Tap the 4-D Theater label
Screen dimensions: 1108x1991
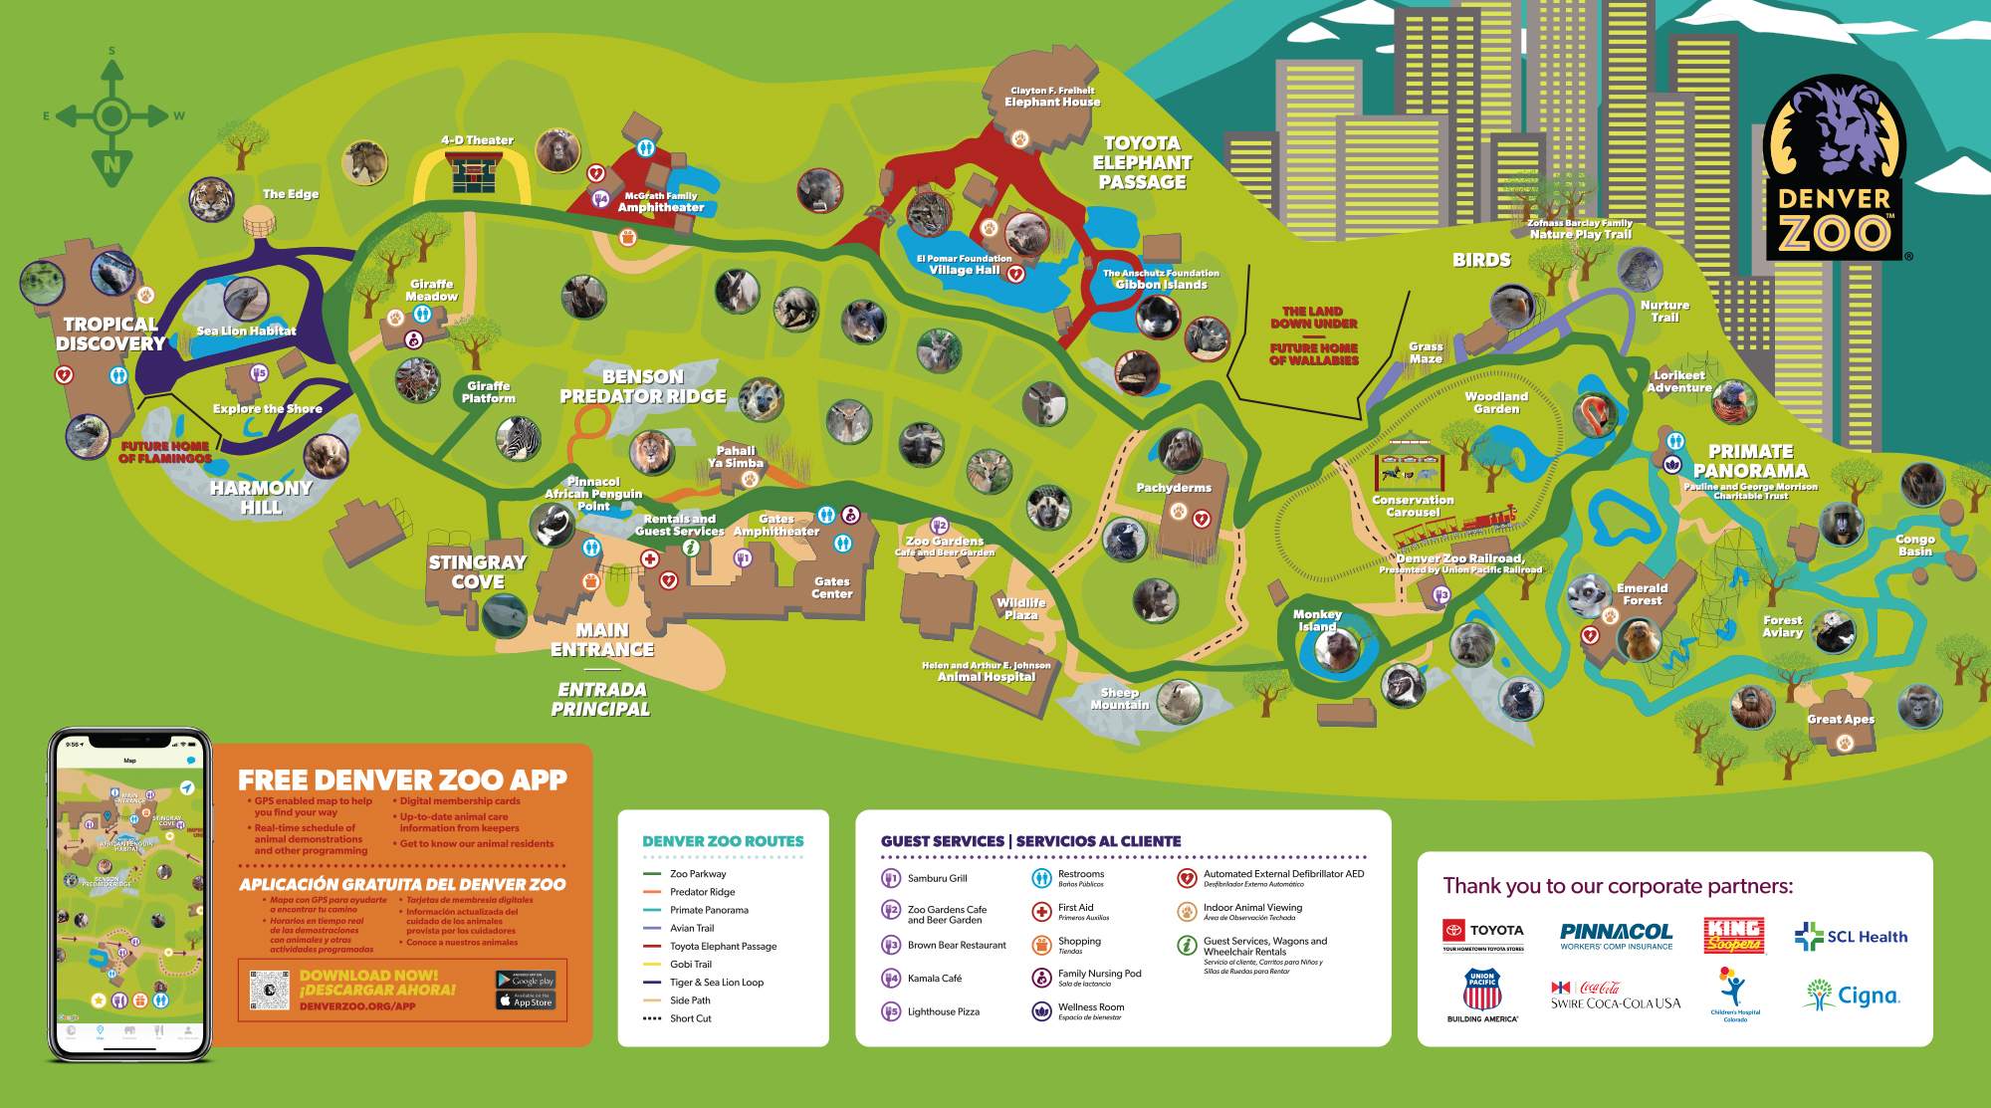coord(477,140)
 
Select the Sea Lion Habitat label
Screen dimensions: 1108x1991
coord(246,331)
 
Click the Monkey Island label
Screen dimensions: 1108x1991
coord(1317,620)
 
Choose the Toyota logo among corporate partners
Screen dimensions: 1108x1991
coord(1482,934)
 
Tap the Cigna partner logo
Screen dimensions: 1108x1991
coord(1853,995)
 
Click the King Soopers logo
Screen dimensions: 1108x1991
coord(1734,935)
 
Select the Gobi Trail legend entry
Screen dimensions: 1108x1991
coord(690,964)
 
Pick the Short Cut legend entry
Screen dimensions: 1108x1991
coord(690,1018)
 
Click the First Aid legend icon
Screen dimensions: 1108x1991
coord(1041,911)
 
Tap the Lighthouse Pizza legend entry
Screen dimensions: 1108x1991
coord(943,1011)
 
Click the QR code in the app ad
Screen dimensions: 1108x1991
coord(269,991)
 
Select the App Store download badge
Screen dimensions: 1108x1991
coord(526,1000)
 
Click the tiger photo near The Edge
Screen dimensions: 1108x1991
coord(211,199)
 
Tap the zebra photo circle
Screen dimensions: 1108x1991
coord(519,438)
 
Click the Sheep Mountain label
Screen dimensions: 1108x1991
coord(1119,698)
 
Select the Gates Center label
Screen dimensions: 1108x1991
coord(831,587)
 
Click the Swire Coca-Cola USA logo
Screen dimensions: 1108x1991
coord(1615,995)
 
